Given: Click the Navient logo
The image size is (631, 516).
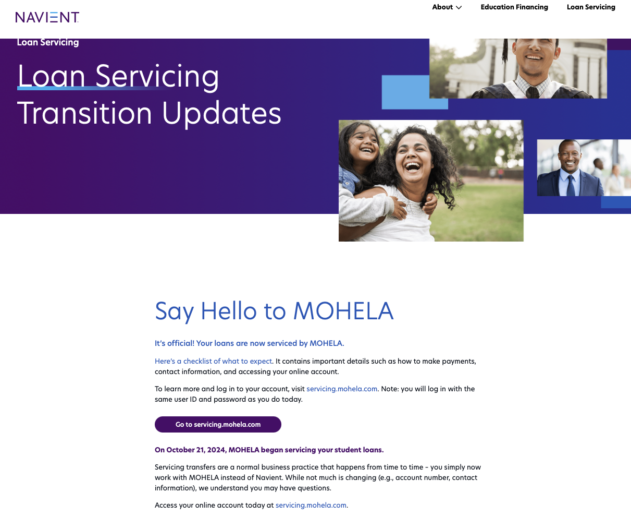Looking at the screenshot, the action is [x=47, y=17].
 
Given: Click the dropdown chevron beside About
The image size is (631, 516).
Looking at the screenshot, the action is [x=459, y=7].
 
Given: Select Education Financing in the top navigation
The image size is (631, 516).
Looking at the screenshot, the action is [x=514, y=7].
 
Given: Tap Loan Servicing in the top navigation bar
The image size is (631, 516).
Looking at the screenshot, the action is [x=591, y=7].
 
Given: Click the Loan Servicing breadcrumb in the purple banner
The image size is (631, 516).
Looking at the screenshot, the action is [x=48, y=42].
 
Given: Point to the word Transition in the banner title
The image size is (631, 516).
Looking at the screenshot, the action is [x=85, y=113].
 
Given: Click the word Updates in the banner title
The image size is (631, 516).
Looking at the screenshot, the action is [x=221, y=114].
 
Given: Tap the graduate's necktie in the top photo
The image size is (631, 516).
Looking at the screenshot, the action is [x=533, y=92].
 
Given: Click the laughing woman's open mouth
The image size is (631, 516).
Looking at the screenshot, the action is [x=413, y=166].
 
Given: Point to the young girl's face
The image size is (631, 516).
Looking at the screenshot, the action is [x=363, y=143].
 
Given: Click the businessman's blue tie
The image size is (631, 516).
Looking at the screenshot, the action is [x=571, y=186].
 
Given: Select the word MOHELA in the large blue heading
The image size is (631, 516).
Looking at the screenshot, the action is [x=343, y=311].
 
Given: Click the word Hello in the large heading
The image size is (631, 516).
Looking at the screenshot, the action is [x=229, y=311].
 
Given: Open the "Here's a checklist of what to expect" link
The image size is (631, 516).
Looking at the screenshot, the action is [x=213, y=361].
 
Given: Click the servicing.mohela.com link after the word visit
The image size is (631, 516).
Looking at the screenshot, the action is [x=342, y=389].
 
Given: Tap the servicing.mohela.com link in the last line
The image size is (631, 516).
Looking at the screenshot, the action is [x=311, y=505].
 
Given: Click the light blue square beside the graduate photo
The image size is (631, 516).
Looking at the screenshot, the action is [x=415, y=92].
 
